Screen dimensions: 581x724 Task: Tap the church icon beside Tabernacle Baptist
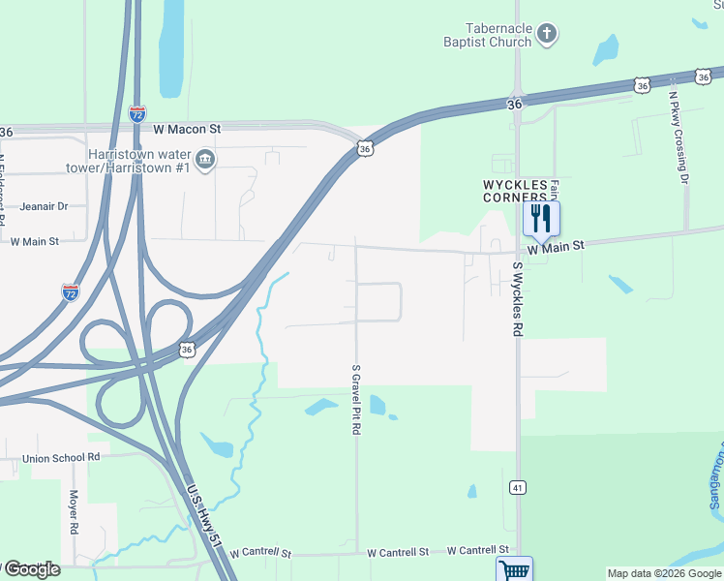click(547, 36)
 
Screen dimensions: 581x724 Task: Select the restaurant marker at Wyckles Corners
click(541, 218)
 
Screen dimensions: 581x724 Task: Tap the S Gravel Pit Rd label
click(356, 399)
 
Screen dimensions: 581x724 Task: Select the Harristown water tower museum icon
click(205, 159)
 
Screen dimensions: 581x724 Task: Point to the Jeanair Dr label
click(44, 206)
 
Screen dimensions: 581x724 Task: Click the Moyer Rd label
click(74, 513)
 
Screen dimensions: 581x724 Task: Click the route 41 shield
click(519, 487)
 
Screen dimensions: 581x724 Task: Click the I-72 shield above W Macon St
click(137, 113)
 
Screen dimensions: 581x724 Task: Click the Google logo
click(32, 569)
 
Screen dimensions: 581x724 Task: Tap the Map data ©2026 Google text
click(664, 573)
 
